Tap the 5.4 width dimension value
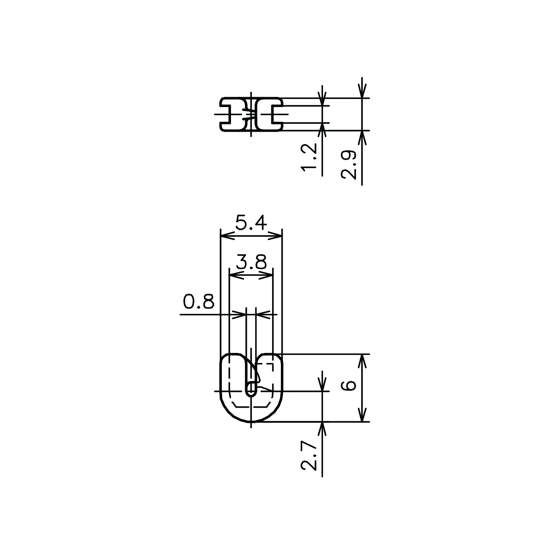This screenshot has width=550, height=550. [251, 223]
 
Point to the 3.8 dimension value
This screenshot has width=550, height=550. [251, 263]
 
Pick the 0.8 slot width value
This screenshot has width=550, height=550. [198, 302]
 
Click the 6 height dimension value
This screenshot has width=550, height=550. [349, 386]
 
